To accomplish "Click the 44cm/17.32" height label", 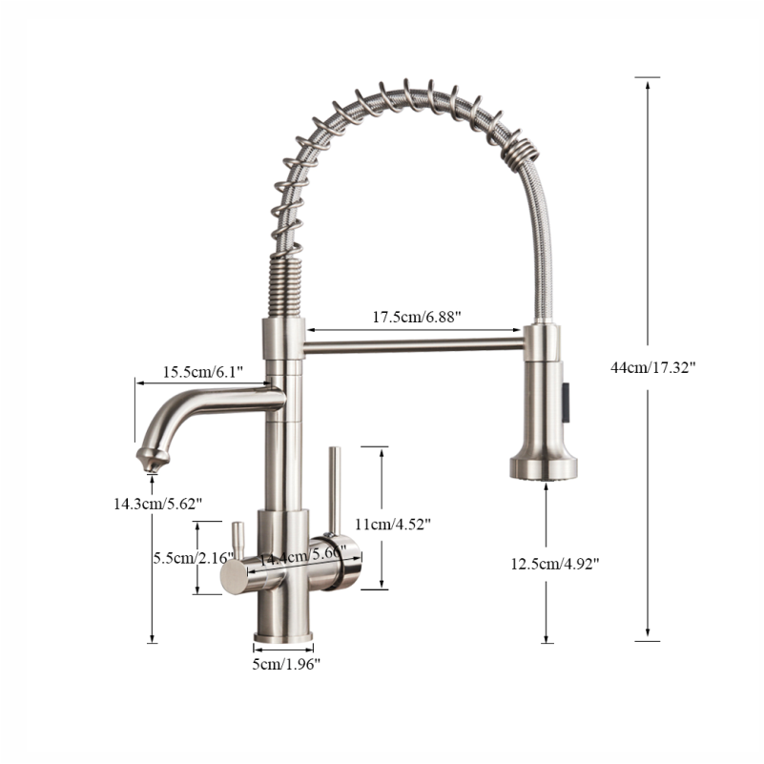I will pyautogui.click(x=653, y=366).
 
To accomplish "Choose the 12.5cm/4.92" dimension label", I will pyautogui.click(x=554, y=564).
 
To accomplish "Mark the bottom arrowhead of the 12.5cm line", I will pyautogui.click(x=547, y=636).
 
